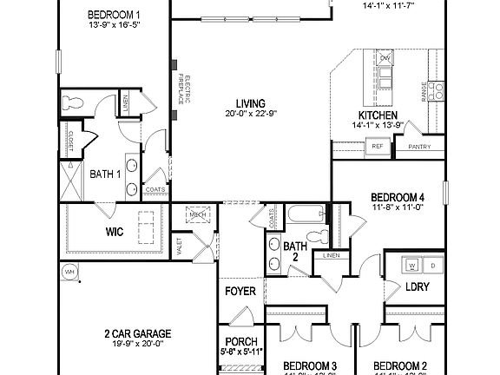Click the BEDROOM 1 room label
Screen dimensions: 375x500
click(x=114, y=15)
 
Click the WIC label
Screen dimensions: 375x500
click(x=115, y=232)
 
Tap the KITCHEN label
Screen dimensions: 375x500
click(x=378, y=115)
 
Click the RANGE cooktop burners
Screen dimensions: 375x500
click(x=436, y=89)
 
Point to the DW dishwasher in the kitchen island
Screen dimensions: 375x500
click(x=386, y=58)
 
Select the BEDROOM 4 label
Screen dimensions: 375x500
click(x=398, y=196)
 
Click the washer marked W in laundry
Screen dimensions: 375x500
click(x=412, y=264)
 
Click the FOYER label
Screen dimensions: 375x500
click(x=240, y=291)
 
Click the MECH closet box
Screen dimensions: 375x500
click(x=198, y=214)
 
